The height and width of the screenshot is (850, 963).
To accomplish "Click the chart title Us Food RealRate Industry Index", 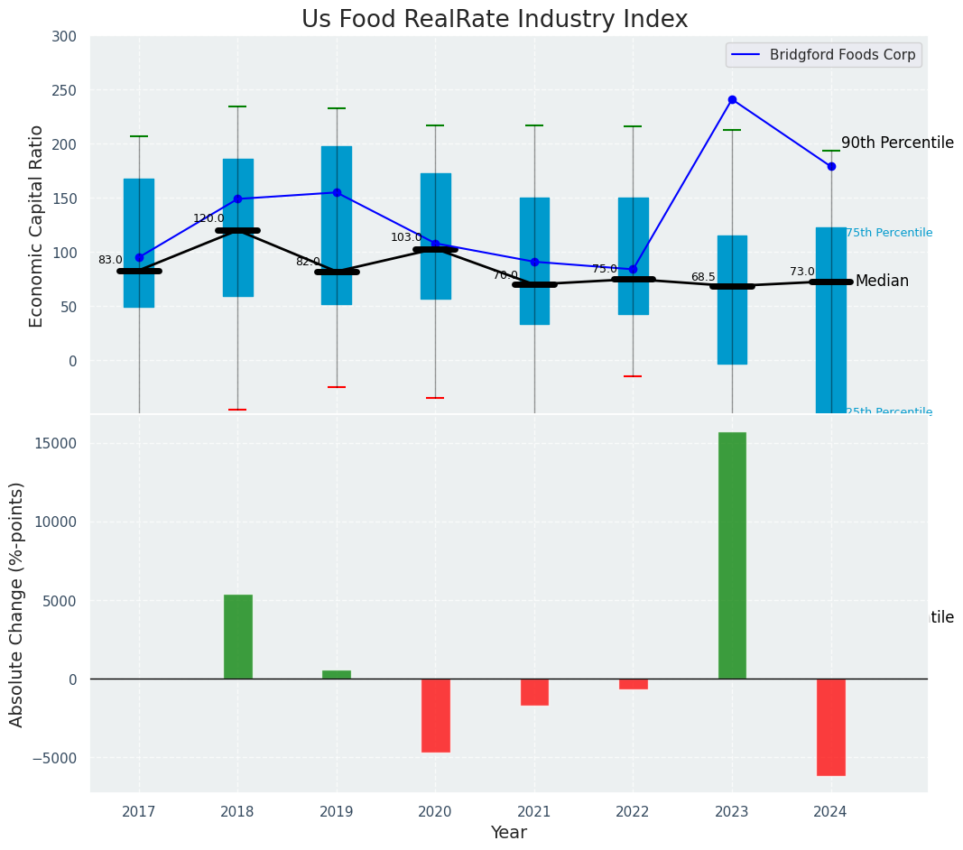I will [x=494, y=20].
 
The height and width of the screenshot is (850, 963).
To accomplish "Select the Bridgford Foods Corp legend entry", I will [x=841, y=55].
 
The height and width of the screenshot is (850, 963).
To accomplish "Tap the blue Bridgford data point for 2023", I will [x=732, y=99].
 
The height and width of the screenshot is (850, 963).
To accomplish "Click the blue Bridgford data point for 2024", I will [x=831, y=166].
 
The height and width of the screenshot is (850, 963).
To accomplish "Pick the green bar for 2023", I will [x=732, y=555].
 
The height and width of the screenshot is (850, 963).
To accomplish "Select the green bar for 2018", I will [x=238, y=636].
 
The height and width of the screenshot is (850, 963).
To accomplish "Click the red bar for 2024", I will [x=831, y=726].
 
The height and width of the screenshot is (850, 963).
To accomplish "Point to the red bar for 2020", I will [x=436, y=715].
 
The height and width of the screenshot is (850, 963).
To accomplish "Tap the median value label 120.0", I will [x=208, y=218].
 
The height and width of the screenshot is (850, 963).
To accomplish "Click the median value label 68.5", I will [x=703, y=277].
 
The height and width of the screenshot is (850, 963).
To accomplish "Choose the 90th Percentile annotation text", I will [x=897, y=143].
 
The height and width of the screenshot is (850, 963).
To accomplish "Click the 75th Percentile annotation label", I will [x=889, y=233].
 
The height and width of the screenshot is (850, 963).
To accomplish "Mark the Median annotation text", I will [x=882, y=282].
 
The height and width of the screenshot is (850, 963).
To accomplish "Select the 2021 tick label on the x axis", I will [x=534, y=812].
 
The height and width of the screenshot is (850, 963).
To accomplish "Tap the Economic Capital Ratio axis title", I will [x=37, y=226].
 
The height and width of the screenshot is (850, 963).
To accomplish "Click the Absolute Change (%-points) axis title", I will [x=17, y=604].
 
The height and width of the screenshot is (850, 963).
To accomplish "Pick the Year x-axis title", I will [x=509, y=832].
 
